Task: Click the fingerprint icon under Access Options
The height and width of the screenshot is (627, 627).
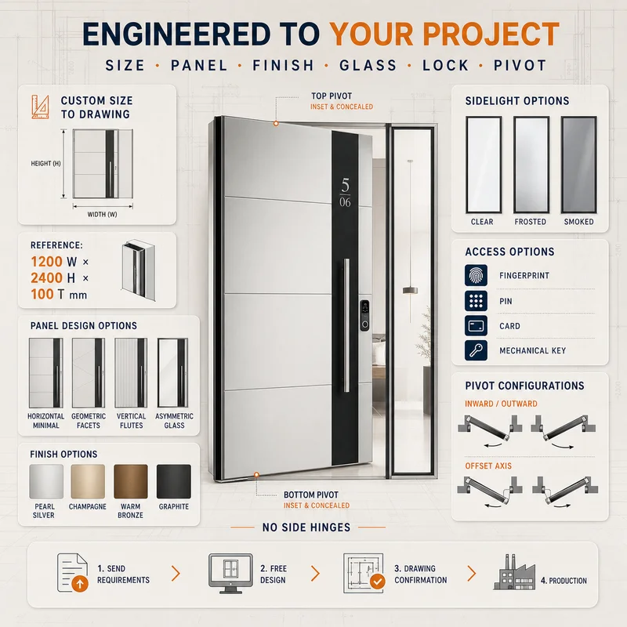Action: pos(476,275)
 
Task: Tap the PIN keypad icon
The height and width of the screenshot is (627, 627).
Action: pos(476,301)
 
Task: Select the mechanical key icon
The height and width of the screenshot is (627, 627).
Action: pos(476,350)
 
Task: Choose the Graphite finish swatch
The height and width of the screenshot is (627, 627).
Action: pos(173,481)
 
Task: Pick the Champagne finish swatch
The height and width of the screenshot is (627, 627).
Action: pos(88,481)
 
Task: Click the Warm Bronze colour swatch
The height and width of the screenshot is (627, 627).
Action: pos(131,481)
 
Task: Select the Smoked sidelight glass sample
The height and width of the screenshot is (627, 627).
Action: pos(578,165)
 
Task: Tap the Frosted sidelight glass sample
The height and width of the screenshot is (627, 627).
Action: pos(531,165)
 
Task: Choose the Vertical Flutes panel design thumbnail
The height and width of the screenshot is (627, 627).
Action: pos(131,373)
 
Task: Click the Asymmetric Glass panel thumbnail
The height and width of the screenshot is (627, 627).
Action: pos(172,373)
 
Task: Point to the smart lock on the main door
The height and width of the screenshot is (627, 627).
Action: pos(364,316)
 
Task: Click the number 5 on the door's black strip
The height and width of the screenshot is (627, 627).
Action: pos(346,185)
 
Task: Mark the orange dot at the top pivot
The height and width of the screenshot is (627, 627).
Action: pos(276,124)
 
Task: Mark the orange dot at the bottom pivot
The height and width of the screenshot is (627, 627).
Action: pos(257,475)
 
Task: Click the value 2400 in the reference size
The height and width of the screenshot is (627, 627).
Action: pos(47,277)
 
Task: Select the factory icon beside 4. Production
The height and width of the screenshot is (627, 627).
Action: pos(514,572)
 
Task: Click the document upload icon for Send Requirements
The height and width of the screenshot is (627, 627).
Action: pos(72,573)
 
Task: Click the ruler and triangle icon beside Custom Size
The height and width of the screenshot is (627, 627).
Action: pos(40,107)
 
